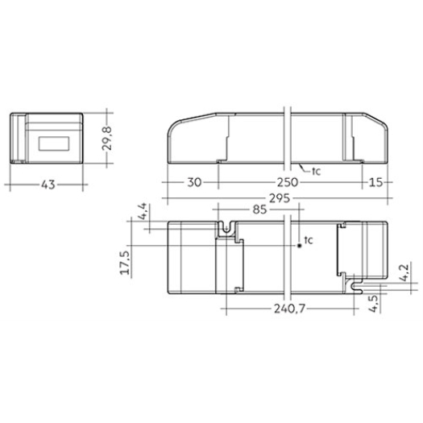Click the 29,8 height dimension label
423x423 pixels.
coord(106,138)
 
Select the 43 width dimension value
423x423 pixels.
coord(48,185)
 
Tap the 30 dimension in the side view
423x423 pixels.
coord(194,182)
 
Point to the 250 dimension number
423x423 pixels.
coord(288,182)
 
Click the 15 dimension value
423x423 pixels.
coord(375,182)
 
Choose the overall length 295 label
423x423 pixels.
coord(280,198)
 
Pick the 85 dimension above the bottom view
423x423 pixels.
coord(259,209)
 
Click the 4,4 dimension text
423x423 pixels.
coord(143,211)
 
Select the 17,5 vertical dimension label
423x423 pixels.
coord(126,263)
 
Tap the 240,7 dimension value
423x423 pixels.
coord(289,309)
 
